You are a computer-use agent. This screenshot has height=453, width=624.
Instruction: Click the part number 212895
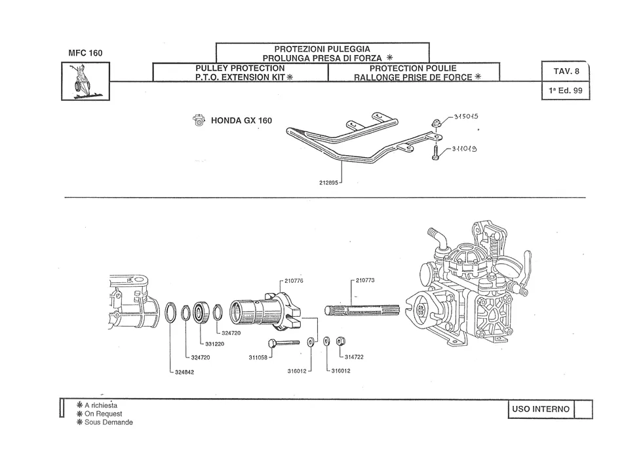(x=328, y=183)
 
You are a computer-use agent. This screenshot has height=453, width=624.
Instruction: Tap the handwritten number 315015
(x=466, y=117)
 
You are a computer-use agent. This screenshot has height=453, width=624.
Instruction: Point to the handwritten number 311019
(x=464, y=149)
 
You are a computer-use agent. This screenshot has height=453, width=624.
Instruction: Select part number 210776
(x=294, y=281)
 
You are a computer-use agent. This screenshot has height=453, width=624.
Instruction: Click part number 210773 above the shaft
(x=365, y=280)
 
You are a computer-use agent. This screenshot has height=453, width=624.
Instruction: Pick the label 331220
(x=214, y=344)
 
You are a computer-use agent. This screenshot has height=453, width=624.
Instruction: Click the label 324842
(x=184, y=372)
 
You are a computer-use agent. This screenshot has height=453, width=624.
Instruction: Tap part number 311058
(x=258, y=357)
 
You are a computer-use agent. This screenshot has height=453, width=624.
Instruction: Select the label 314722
(x=354, y=357)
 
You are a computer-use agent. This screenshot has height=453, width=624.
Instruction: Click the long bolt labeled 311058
(x=284, y=342)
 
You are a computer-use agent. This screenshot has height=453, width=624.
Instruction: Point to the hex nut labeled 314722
(x=340, y=341)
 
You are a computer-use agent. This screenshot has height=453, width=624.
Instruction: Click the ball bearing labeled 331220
(x=201, y=312)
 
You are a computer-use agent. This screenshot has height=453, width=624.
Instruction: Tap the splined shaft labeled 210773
(x=362, y=310)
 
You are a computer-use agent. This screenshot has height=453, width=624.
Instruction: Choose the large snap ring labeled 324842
(x=170, y=312)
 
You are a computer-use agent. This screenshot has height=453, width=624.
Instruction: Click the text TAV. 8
(x=566, y=71)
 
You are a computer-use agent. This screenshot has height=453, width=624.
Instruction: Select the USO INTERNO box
(x=541, y=409)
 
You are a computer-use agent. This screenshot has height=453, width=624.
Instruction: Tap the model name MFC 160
(x=85, y=53)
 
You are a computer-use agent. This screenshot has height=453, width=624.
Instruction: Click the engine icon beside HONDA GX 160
(x=199, y=120)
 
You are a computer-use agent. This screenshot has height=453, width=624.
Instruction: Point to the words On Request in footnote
(x=103, y=414)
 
